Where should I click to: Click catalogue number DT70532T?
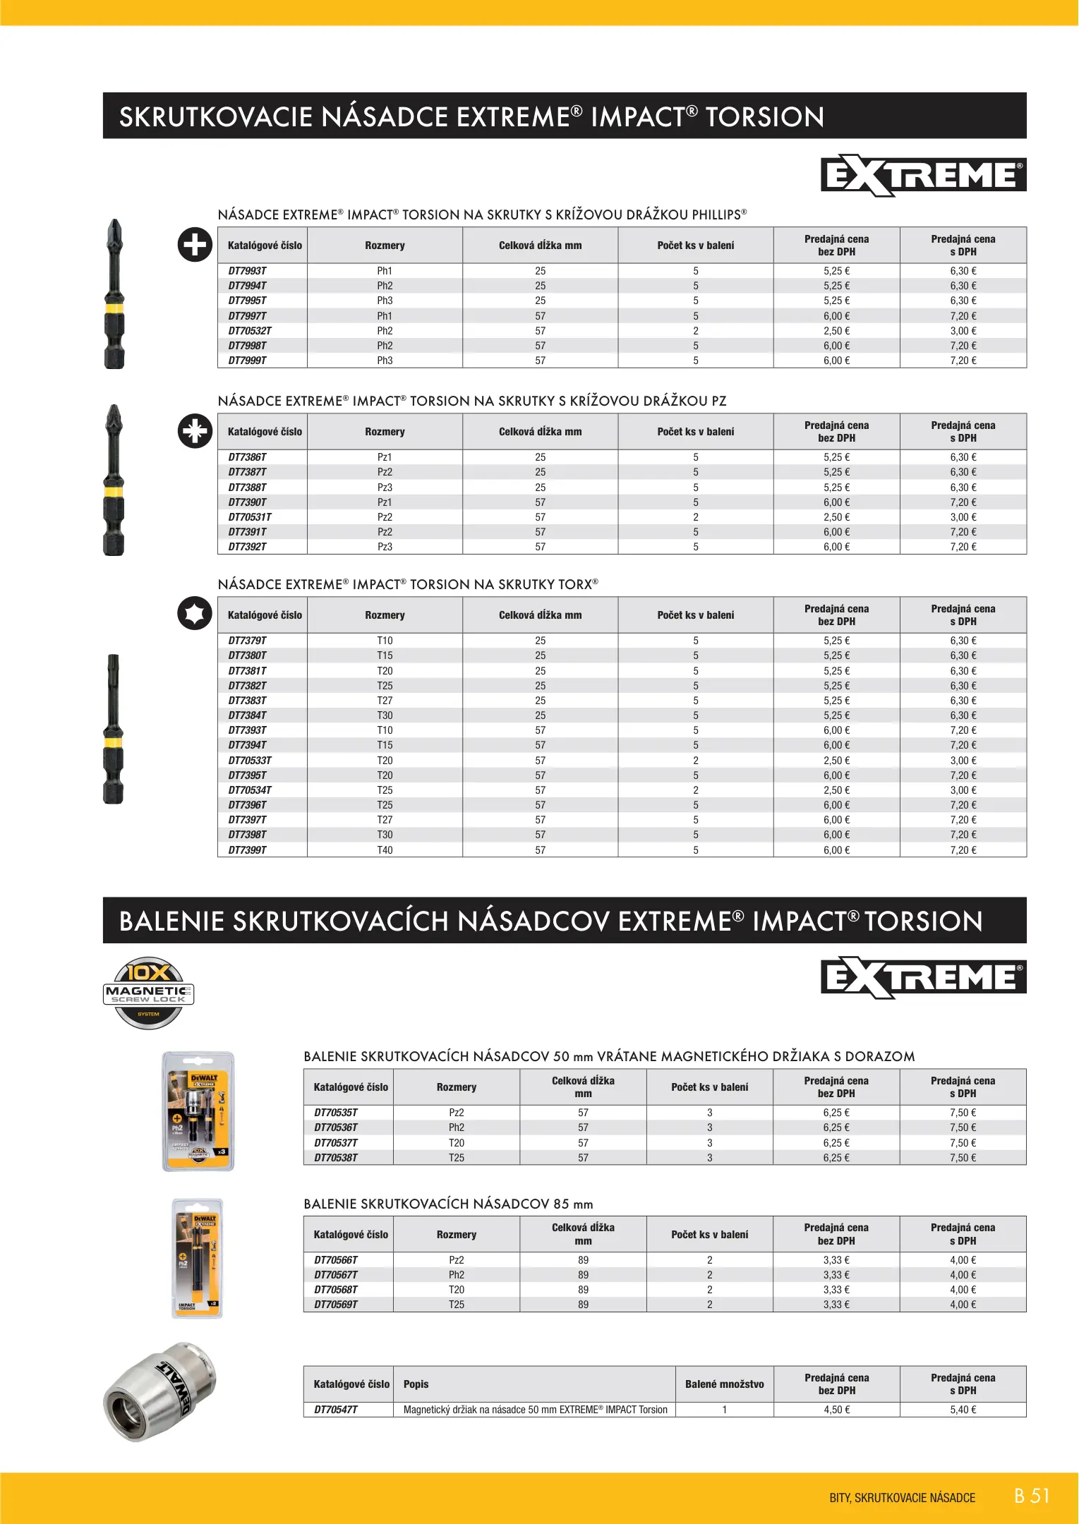[250, 331]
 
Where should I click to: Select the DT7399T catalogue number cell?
[248, 850]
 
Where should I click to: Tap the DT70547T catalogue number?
[336, 1410]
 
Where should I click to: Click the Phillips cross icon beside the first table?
[195, 245]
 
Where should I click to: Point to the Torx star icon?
[195, 613]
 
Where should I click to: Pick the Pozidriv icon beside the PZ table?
[195, 431]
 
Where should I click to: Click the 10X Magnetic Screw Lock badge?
[149, 992]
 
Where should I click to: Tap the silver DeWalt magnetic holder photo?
[159, 1391]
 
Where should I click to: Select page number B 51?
[1032, 1496]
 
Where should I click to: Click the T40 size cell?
[385, 850]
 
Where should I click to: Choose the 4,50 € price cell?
[836, 1410]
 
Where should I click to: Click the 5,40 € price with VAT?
[963, 1410]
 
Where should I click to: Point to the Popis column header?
[416, 1384]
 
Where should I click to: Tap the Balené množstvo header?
[724, 1384]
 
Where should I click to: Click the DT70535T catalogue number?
[336, 1113]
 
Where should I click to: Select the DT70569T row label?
[336, 1305]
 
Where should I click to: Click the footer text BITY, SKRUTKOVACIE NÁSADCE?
[902, 1498]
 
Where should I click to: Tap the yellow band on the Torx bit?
[113, 742]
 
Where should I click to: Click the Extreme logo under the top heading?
[923, 175]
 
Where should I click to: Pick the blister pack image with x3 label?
[198, 1111]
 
